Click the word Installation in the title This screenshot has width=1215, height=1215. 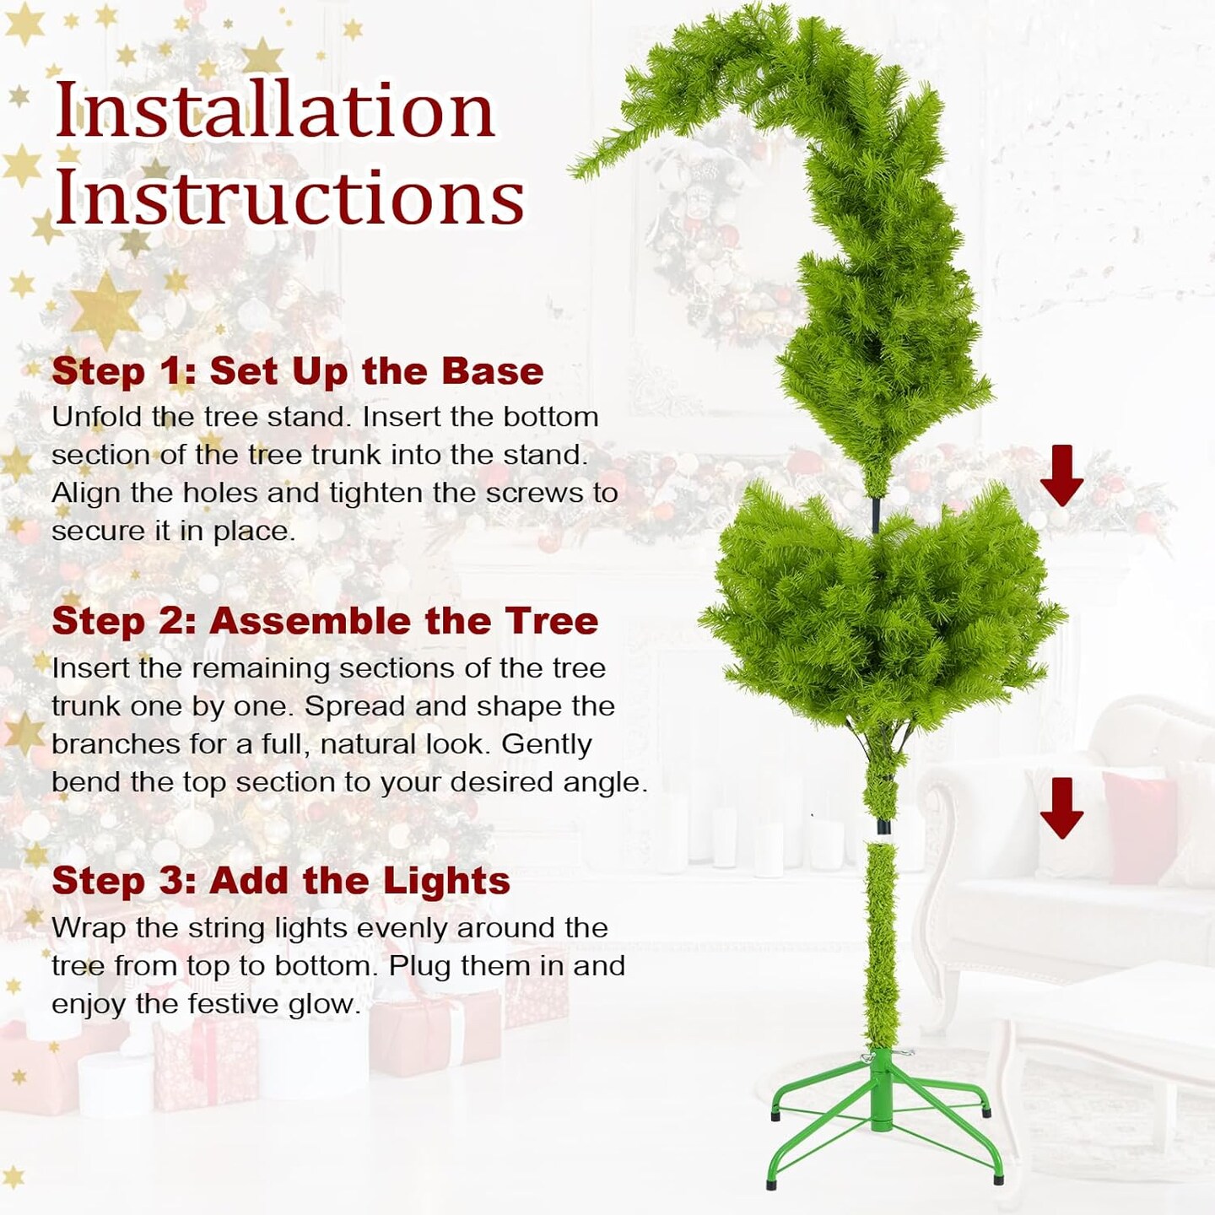[x=274, y=110]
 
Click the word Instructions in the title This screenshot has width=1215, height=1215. [x=289, y=197]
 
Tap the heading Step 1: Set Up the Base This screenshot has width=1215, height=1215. [x=298, y=371]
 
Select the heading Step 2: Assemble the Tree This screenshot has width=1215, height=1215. [x=325, y=622]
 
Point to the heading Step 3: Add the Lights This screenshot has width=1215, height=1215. [x=281, y=881]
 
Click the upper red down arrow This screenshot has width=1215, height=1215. [x=1061, y=475]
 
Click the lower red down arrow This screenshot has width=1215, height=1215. [x=1061, y=807]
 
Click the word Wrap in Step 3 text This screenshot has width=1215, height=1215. [x=89, y=928]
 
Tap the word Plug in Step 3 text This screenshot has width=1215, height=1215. [x=418, y=966]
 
